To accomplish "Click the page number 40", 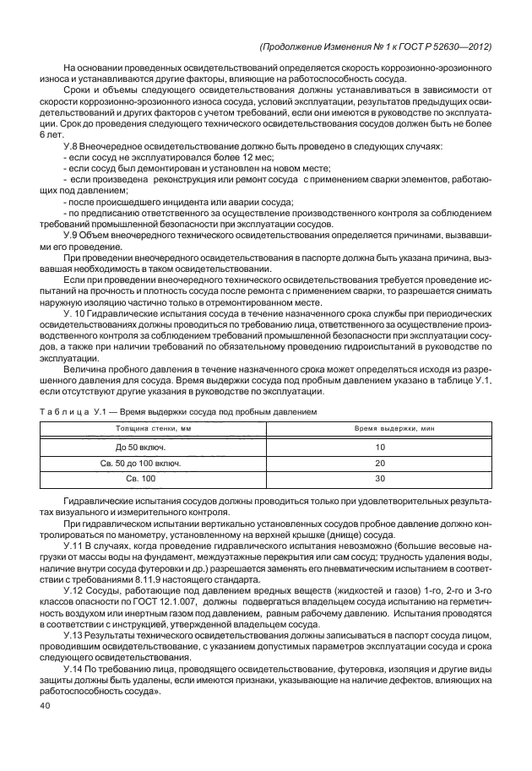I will [46, 707].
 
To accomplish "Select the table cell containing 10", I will [379, 447].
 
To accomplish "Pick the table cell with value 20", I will [379, 463].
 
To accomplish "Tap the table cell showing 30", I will [379, 479].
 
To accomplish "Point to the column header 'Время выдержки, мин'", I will [379, 430].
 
